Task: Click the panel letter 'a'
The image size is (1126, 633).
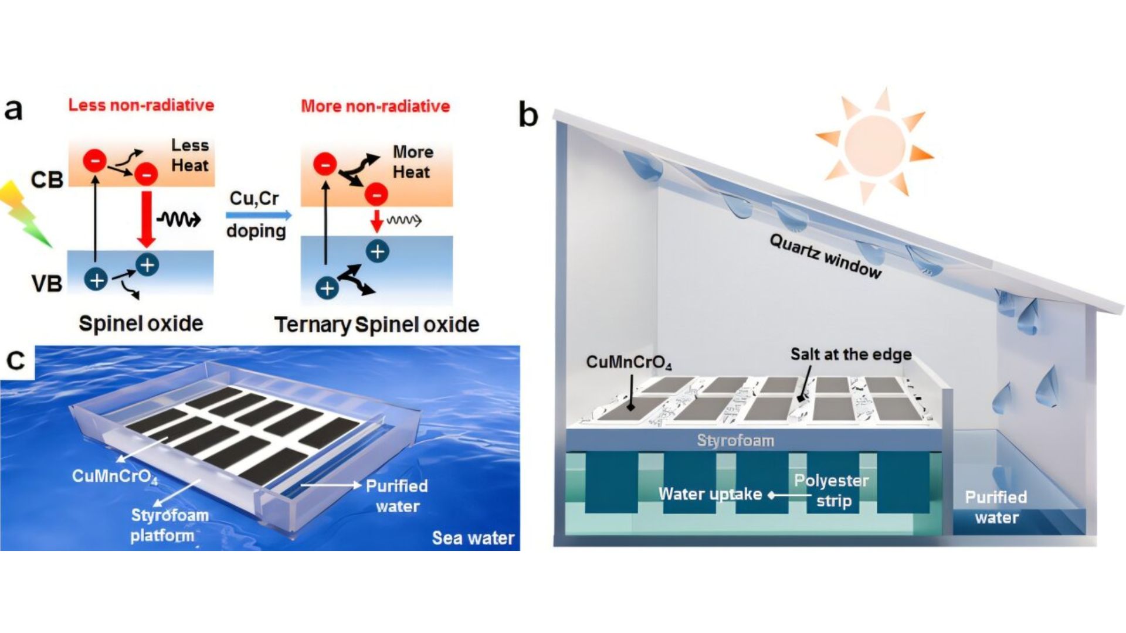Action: click(13, 110)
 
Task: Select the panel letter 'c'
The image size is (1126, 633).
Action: click(15, 361)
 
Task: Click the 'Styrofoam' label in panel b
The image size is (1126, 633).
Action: click(735, 440)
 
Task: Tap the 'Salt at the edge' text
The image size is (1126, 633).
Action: click(850, 354)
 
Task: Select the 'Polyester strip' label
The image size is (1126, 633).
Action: click(832, 491)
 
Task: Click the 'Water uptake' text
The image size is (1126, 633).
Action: click(710, 494)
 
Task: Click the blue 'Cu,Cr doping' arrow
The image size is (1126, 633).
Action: click(259, 215)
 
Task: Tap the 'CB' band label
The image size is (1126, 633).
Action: click(47, 179)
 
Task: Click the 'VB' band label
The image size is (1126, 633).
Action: click(47, 284)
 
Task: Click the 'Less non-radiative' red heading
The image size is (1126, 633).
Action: click(141, 105)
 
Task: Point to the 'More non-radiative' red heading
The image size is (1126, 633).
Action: click(375, 106)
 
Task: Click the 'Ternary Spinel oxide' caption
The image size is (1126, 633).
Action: click(377, 325)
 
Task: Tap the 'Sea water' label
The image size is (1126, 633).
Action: click(473, 538)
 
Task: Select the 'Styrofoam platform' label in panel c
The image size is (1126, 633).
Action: click(169, 525)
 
